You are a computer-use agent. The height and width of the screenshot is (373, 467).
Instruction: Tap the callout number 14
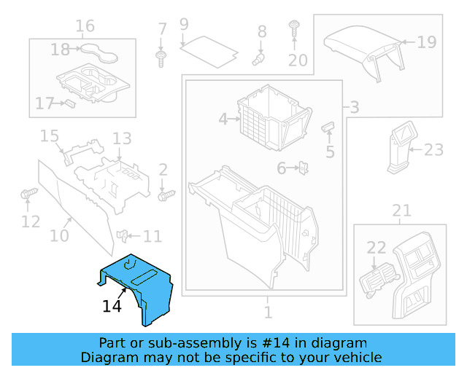coord(112,307)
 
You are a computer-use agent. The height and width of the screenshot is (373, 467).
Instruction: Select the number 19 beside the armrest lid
coord(427,42)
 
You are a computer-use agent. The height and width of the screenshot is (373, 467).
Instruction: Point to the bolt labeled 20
coord(294,29)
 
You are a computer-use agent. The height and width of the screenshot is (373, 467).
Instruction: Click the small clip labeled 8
coord(258,55)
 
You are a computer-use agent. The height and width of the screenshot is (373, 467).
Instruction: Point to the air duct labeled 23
coord(402,149)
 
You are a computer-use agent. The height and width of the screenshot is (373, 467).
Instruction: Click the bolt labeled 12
coord(28,195)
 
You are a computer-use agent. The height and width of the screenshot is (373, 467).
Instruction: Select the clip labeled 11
coord(125,235)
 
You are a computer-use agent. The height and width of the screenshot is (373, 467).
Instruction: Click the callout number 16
coord(85,26)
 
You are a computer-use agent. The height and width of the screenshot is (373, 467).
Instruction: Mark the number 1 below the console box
coord(268,313)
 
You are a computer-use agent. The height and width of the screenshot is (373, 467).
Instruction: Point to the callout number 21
coord(401,211)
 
